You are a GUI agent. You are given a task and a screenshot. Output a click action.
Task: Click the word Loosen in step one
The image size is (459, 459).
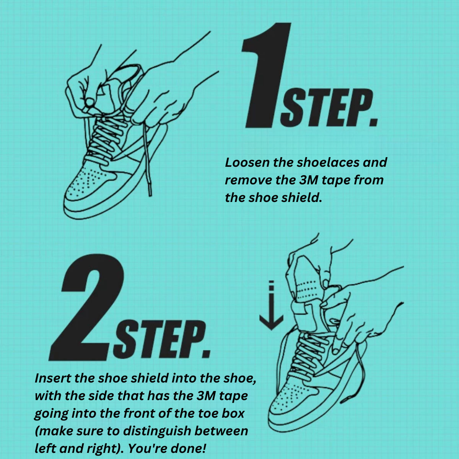click(x=247, y=163)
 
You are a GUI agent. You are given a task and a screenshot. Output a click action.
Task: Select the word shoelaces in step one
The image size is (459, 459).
click(x=328, y=163)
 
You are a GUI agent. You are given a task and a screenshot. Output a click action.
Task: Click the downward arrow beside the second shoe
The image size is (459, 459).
click(x=271, y=306)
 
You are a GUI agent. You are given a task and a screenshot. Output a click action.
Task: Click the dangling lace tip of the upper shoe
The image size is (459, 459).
click(x=150, y=190)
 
